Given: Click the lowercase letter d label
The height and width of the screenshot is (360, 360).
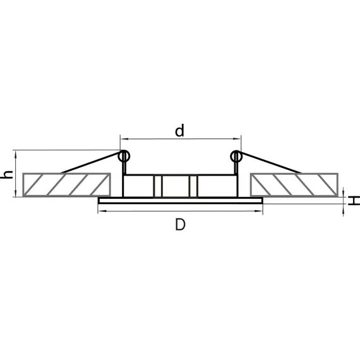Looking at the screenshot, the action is pyautogui.click(x=179, y=131).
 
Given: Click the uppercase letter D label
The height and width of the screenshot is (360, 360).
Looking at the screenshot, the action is pyautogui.click(x=180, y=224).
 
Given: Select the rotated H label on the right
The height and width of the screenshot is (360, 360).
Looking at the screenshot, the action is pyautogui.click(x=354, y=200).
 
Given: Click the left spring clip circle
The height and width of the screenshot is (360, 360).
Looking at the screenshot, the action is pyautogui.click(x=124, y=157).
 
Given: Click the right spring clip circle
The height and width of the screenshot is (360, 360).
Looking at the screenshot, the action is pyautogui.click(x=236, y=157).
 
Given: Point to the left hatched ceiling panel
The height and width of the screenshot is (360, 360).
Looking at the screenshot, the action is pyautogui.click(x=66, y=185).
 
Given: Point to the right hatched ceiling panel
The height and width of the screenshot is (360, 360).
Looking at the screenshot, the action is pyautogui.click(x=294, y=185).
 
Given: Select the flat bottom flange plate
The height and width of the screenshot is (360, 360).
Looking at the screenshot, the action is pyautogui.click(x=181, y=200).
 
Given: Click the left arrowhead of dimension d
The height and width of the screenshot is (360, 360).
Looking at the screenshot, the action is pyautogui.click(x=124, y=139).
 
